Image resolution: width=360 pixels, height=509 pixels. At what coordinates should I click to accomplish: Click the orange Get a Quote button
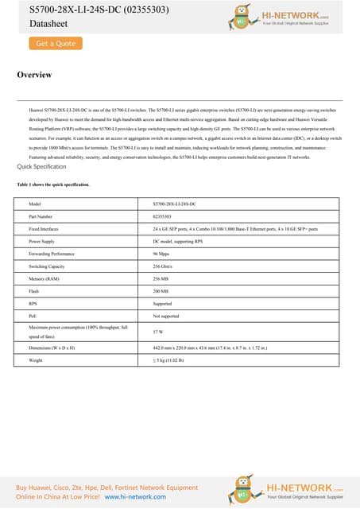(x=55, y=44)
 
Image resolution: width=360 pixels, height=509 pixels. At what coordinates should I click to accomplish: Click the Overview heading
(x=34, y=76)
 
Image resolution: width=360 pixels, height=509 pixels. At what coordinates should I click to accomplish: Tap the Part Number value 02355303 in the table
(x=161, y=216)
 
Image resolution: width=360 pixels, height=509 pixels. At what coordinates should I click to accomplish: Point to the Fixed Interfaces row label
(x=47, y=227)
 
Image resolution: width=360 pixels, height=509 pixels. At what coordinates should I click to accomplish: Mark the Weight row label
(x=36, y=360)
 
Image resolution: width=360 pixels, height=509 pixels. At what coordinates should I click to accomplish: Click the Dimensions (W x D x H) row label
(x=57, y=348)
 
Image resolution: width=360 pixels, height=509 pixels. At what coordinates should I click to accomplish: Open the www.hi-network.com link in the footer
(x=136, y=495)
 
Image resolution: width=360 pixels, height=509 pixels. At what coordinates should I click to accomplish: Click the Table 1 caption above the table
(x=53, y=185)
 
